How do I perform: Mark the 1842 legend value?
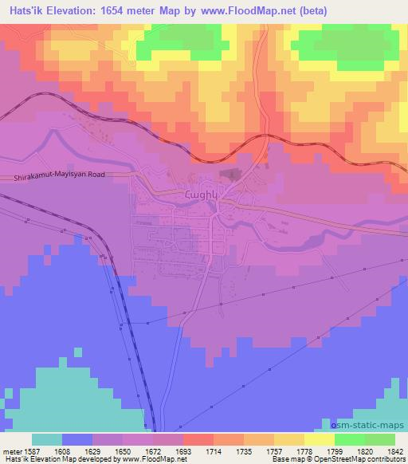tap(395, 450)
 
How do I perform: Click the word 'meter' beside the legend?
tap(12, 450)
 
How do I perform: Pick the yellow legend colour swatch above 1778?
tap(320, 439)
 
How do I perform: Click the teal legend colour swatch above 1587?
tap(47, 439)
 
